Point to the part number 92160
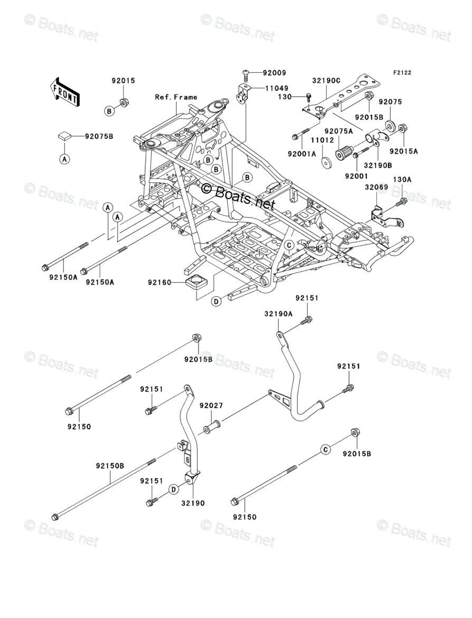pos(159,283)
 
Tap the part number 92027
pos(211,406)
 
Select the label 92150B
pos(110,466)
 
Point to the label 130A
pos(402,180)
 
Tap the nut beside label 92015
pos(122,102)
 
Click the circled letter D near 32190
pos(173,490)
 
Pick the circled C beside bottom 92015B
pos(326,450)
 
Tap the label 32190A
pos(278,313)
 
